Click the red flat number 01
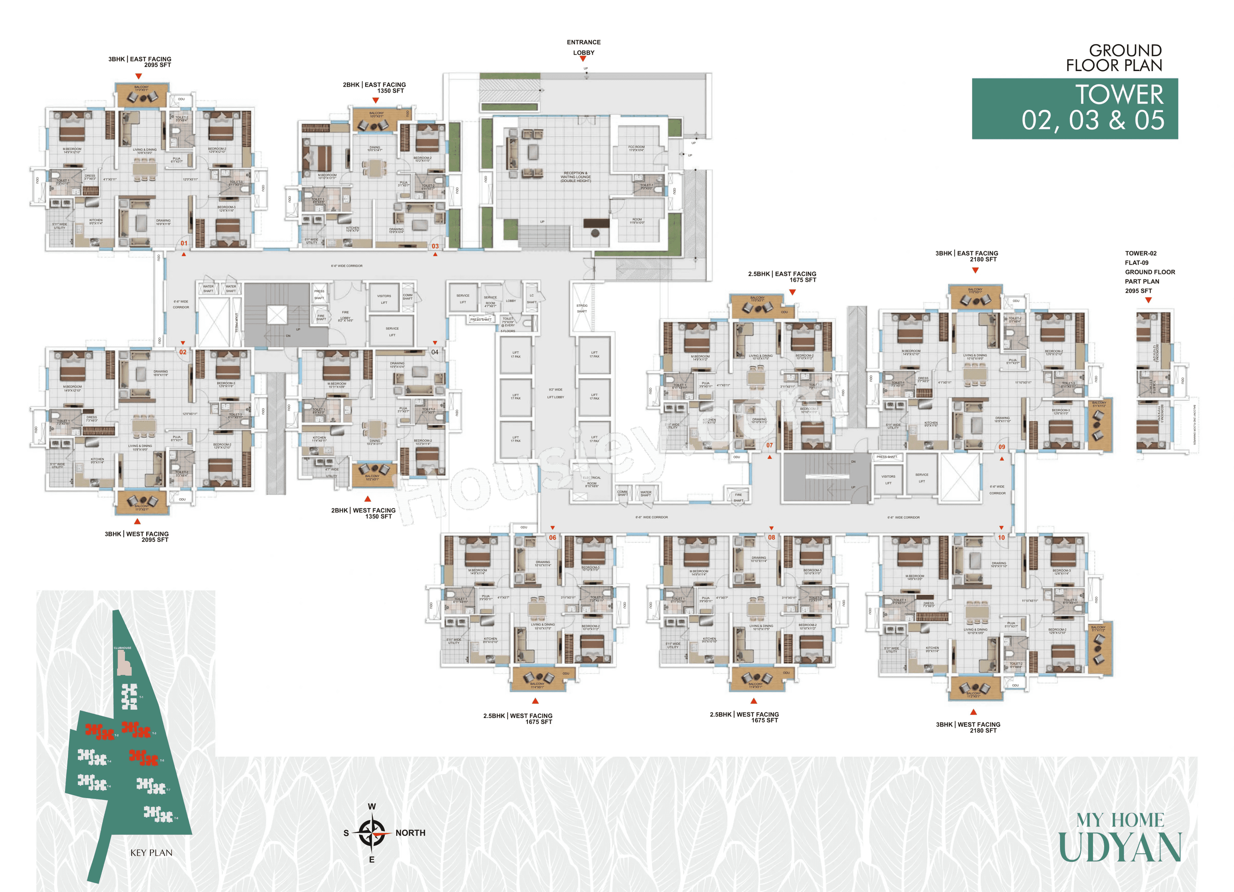pos(184,244)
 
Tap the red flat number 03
pos(435,246)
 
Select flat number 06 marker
pos(552,538)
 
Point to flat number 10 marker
pos(1001,538)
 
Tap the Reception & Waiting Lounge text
pos(575,177)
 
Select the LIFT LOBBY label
pos(556,397)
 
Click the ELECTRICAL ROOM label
pos(591,482)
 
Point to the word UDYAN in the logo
pos(1120,848)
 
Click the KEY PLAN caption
pos(151,853)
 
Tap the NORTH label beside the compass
pos(410,832)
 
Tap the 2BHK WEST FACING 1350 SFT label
pos(363,513)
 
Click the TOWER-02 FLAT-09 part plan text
pos(1150,272)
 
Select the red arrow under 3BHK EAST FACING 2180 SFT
pos(975,270)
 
